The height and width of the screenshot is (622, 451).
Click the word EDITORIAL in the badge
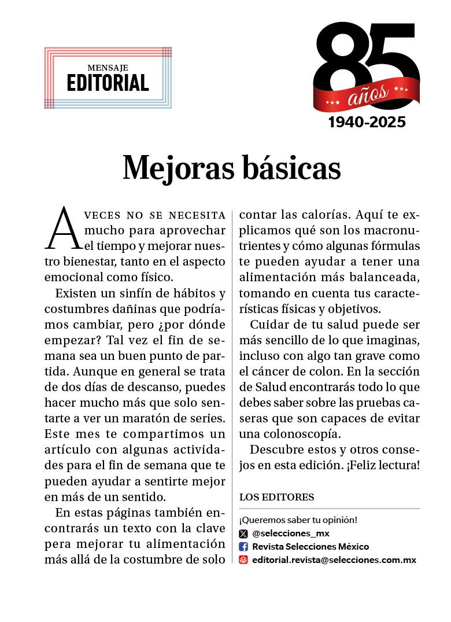click(108, 83)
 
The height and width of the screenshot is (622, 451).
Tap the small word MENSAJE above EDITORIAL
click(108, 68)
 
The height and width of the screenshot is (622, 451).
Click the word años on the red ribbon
click(368, 95)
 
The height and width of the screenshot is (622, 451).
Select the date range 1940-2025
click(367, 122)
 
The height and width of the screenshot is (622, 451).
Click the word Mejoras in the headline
click(171, 168)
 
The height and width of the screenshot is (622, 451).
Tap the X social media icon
click(243, 533)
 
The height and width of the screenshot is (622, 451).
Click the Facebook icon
click(243, 547)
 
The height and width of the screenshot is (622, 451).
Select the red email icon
click(243, 560)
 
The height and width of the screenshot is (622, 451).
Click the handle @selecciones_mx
click(291, 533)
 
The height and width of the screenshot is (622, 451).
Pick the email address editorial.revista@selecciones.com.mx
click(334, 560)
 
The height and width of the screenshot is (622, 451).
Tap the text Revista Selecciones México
click(310, 547)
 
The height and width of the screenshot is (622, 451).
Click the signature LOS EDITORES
click(276, 497)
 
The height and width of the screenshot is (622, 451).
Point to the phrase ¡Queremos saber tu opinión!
click(298, 520)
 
